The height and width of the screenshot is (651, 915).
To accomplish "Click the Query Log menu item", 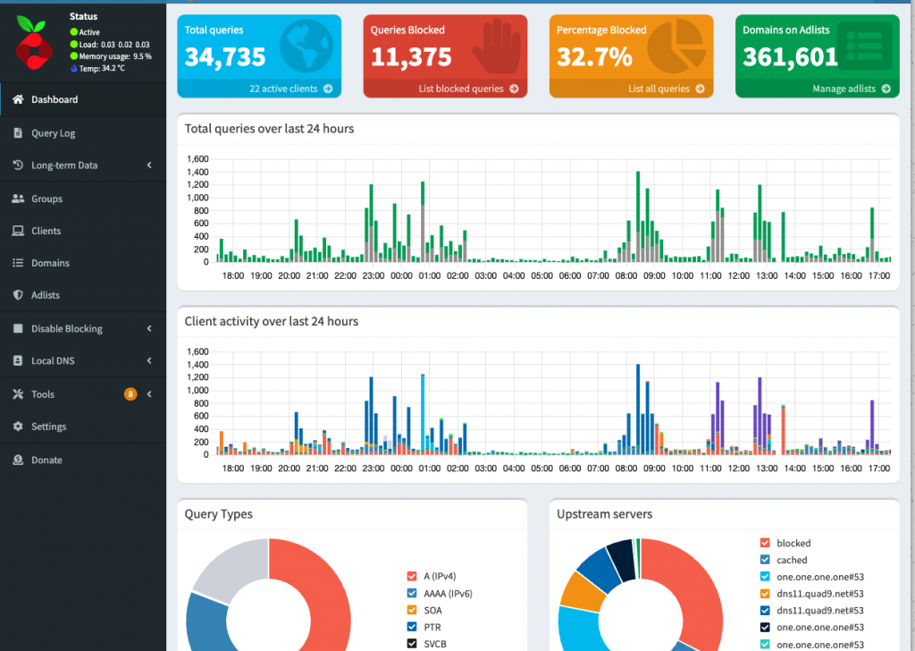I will pos(53,133).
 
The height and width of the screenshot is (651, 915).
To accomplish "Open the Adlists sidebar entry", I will pos(45,295).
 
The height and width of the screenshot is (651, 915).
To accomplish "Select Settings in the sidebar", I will pos(48,427).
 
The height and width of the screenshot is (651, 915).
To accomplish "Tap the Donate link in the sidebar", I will pos(46,460).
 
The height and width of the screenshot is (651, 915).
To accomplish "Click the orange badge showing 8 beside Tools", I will pos(130,394).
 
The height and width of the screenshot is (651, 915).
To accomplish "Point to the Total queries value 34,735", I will pos(225,57).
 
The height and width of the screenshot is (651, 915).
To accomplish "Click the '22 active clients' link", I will pos(290,89).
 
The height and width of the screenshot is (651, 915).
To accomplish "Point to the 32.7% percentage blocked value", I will pos(594,57).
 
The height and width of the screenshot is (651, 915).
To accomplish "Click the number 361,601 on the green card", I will pos(790,57).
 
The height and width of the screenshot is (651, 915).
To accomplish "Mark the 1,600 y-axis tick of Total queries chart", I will pos(197,159).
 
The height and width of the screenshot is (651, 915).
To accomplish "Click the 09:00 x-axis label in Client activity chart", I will pos(654,469).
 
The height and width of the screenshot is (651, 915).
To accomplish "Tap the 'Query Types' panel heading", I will pos(218,514).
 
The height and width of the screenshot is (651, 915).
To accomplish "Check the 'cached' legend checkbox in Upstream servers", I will pos(764,560).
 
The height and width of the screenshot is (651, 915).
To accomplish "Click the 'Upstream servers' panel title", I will pos(604,514).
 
